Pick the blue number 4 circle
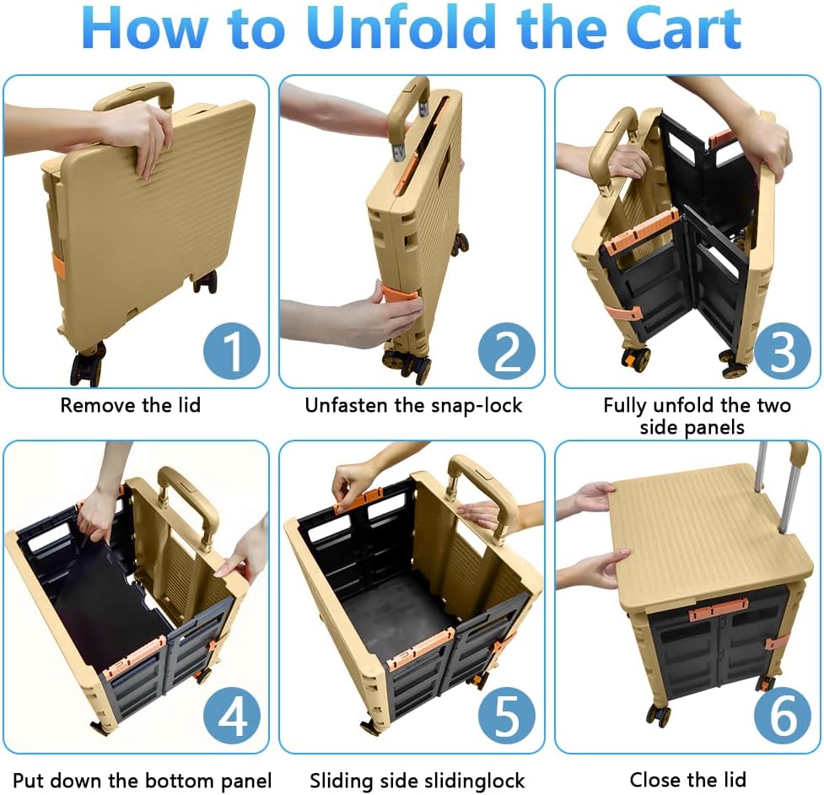click(232, 717)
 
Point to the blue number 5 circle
click(507, 717)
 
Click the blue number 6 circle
click(783, 717)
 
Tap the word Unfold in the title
click(401, 27)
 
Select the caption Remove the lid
click(131, 405)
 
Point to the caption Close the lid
click(688, 779)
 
